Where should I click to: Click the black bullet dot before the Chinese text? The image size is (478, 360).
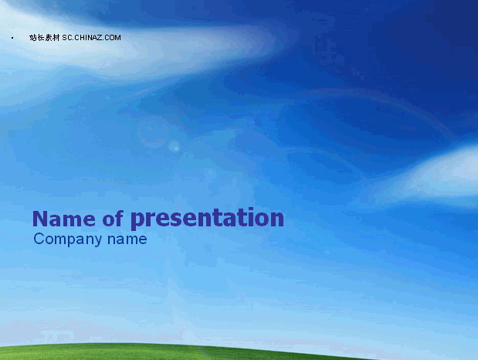click(x=12, y=38)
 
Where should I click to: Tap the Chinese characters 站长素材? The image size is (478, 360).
click(x=45, y=38)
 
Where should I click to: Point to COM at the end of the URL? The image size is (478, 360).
click(x=114, y=38)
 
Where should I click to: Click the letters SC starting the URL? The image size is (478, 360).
click(x=67, y=38)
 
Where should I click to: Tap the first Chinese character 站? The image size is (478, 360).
click(x=33, y=38)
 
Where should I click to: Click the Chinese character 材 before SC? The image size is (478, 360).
click(x=56, y=38)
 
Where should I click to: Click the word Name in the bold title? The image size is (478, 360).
click(x=64, y=219)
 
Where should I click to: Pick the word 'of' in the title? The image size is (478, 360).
click(x=113, y=218)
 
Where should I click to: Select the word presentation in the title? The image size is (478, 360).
click(x=208, y=219)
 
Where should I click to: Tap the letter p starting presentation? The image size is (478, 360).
click(x=138, y=220)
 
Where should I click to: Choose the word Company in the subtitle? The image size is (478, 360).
click(x=68, y=239)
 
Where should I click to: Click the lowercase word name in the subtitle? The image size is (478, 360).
click(x=127, y=239)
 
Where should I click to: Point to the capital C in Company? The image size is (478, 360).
click(x=39, y=239)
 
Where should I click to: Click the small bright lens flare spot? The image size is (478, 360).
click(x=174, y=147)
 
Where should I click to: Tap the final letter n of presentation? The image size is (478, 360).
click(x=276, y=219)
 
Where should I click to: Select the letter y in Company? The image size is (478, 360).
click(x=98, y=241)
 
